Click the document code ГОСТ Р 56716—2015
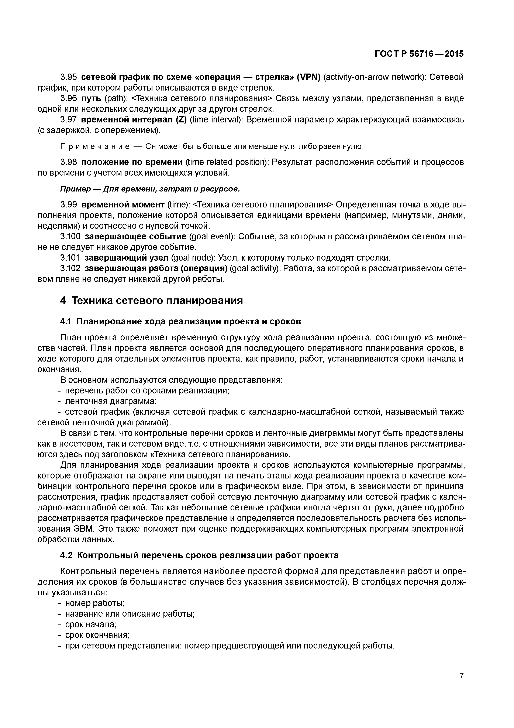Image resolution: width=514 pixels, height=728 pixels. coord(419,54)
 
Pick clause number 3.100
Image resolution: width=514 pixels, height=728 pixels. coord(70,237)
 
